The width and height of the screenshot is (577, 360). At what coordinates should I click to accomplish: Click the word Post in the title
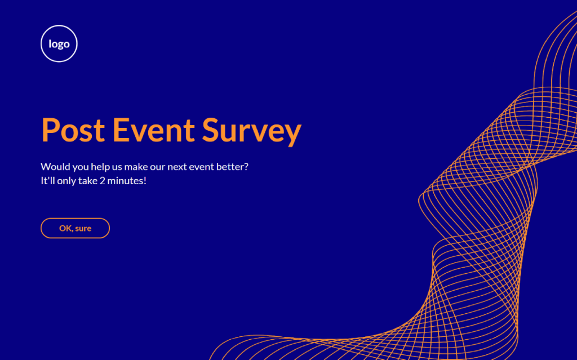[x=73, y=130]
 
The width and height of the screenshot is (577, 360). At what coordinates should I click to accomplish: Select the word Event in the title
[x=153, y=130]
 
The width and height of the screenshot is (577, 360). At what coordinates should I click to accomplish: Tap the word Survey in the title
[x=252, y=132]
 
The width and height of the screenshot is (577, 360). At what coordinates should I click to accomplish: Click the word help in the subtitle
[x=100, y=167]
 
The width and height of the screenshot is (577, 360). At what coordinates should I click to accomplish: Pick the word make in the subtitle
[x=136, y=167]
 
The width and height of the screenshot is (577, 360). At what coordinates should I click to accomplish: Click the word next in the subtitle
[x=177, y=167]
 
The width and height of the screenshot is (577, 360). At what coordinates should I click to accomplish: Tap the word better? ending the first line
[x=232, y=167]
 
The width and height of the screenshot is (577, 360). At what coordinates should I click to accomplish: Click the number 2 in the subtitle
[x=103, y=181]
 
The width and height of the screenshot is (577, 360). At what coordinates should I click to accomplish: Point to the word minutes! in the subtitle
[x=127, y=181]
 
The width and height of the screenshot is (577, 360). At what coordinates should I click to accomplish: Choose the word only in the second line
[x=66, y=181]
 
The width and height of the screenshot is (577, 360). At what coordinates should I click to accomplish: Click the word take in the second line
[x=88, y=181]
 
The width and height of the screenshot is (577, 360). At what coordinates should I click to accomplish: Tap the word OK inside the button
[x=65, y=228]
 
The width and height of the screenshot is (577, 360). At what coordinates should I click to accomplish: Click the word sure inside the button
[x=83, y=229]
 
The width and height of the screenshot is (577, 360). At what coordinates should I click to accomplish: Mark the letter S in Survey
[x=211, y=130]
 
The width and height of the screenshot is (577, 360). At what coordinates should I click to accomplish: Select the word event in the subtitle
[x=201, y=167]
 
